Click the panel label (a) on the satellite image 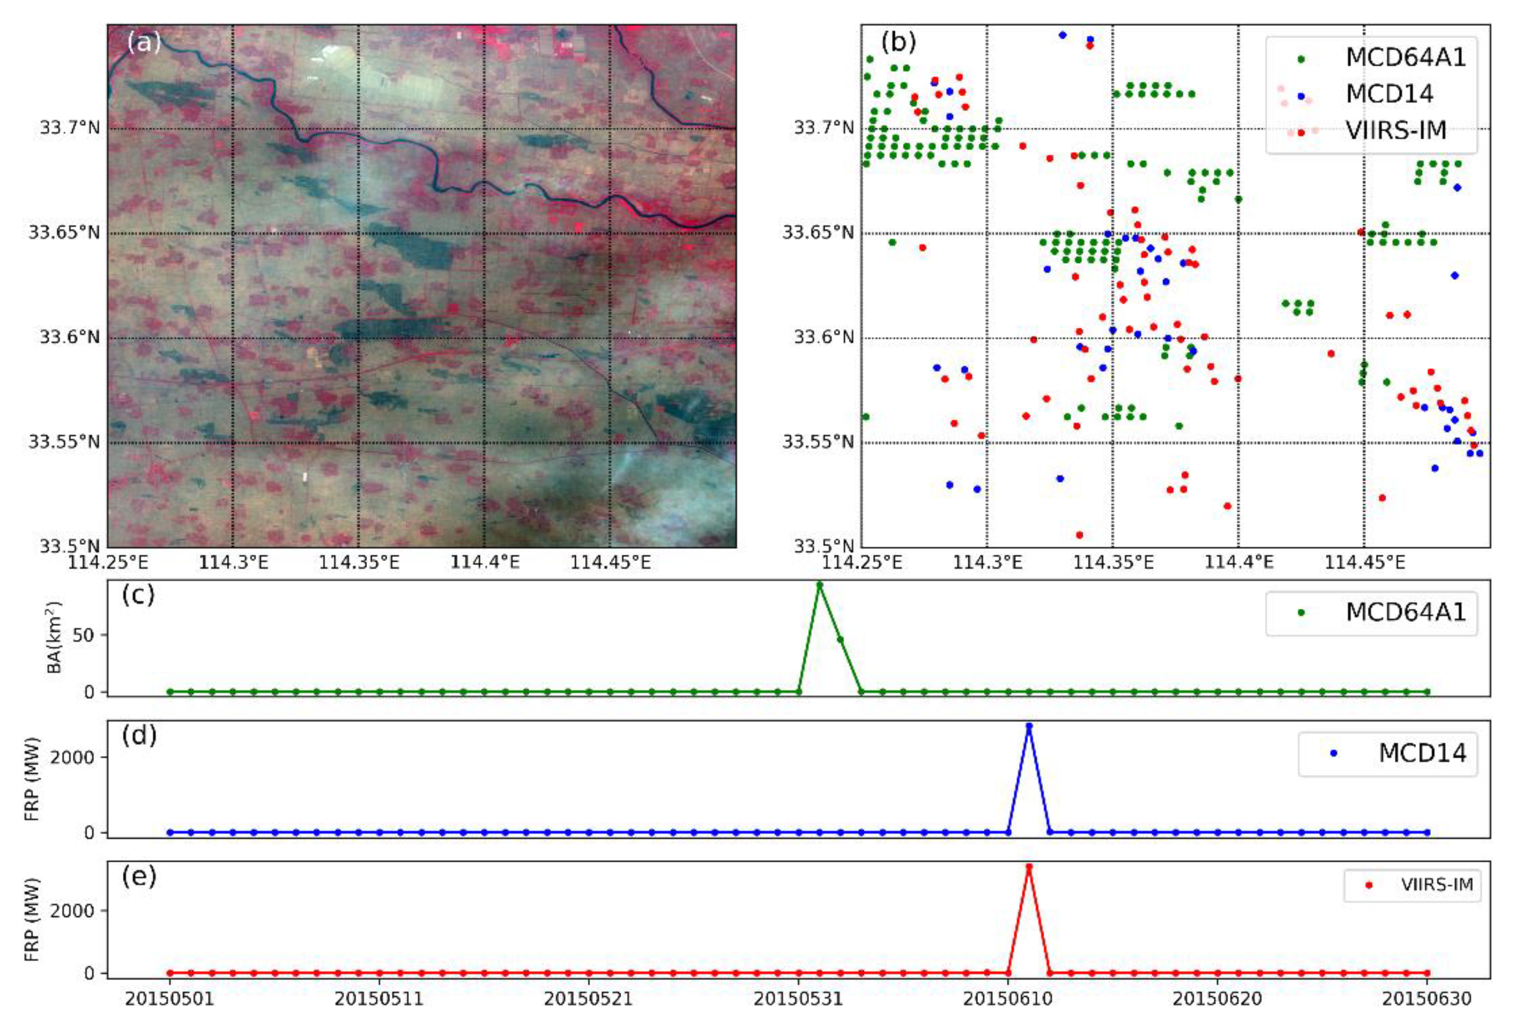pyautogui.click(x=144, y=43)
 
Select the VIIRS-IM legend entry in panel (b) pyautogui.click(x=1396, y=131)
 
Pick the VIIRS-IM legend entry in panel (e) pyautogui.click(x=1436, y=885)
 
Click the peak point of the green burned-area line pyautogui.click(x=819, y=584)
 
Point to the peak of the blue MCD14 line pyautogui.click(x=1029, y=726)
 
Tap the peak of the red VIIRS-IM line pyautogui.click(x=1029, y=866)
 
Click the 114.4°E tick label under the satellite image pyautogui.click(x=485, y=562)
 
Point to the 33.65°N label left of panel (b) pyautogui.click(x=817, y=232)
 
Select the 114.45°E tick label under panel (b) pyautogui.click(x=1363, y=562)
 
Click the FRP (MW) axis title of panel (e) pyautogui.click(x=31, y=919)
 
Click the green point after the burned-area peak pyautogui.click(x=840, y=639)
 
